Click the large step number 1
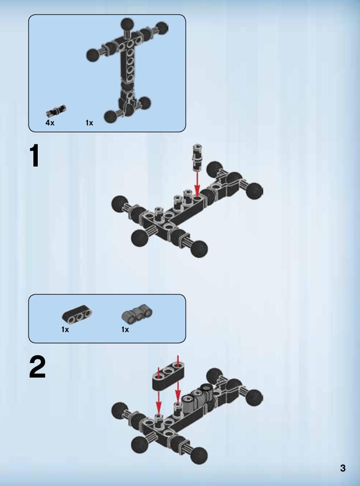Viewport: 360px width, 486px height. (x=35, y=156)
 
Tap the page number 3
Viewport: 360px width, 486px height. (x=343, y=468)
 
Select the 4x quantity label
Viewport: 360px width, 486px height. (x=50, y=123)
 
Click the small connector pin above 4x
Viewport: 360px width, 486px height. (x=56, y=111)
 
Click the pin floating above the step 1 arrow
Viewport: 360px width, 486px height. (x=197, y=157)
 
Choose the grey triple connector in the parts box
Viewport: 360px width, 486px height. (x=137, y=314)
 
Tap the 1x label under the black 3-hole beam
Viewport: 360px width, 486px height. (x=65, y=330)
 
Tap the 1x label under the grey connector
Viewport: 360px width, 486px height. (x=125, y=330)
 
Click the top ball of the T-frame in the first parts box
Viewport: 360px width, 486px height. (x=127, y=24)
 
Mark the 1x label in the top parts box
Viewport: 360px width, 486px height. (x=89, y=123)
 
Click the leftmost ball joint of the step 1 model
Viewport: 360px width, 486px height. (x=119, y=204)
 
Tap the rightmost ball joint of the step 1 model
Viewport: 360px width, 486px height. (x=255, y=191)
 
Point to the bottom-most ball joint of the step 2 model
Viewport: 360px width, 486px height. (x=199, y=456)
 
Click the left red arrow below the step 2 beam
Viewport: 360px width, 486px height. (x=159, y=402)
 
